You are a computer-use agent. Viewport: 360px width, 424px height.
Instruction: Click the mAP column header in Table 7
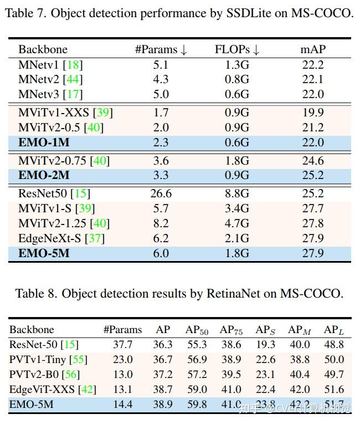[313, 49]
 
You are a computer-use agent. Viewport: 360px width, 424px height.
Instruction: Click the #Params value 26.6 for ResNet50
[161, 193]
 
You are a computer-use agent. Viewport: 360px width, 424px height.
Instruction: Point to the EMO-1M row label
[44, 142]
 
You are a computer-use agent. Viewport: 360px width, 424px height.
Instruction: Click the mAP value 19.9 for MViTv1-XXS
[313, 113]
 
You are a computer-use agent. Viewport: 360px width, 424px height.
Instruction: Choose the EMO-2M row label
[44, 176]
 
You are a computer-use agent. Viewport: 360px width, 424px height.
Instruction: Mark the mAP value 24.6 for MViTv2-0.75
[313, 161]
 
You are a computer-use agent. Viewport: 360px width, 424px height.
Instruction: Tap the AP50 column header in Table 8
[197, 330]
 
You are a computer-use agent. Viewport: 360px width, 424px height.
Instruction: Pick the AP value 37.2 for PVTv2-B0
[163, 375]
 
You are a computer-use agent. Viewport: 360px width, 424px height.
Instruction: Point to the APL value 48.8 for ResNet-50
[334, 345]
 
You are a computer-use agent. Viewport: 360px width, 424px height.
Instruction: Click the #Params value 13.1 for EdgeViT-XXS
[122, 390]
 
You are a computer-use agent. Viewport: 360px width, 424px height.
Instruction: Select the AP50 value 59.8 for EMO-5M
[197, 405]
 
